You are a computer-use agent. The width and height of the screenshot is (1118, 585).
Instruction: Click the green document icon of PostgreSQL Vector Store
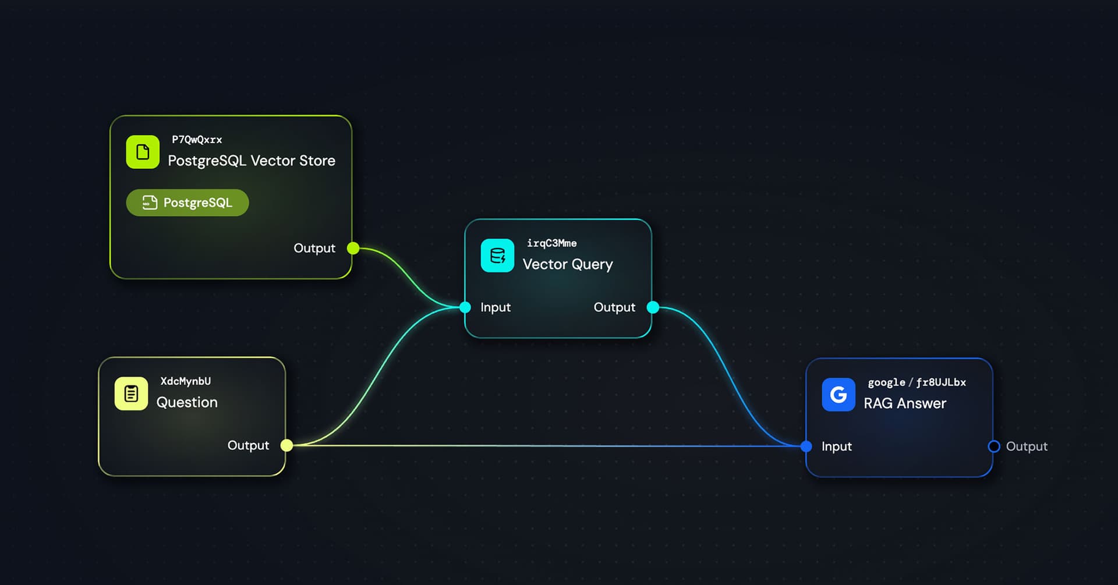143,153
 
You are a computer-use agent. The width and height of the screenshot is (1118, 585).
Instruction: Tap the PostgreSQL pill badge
187,203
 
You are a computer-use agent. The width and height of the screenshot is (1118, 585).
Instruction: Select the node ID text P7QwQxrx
197,140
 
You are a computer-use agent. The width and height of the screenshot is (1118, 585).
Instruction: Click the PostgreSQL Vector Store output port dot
353,249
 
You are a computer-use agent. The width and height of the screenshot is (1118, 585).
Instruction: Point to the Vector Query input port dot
465,307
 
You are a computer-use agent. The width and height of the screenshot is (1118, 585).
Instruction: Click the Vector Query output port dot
653,307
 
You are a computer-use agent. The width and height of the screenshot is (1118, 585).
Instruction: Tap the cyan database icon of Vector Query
497,256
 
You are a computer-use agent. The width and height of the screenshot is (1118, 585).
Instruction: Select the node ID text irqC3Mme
551,243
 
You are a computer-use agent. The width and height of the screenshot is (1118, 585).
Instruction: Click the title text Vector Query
568,264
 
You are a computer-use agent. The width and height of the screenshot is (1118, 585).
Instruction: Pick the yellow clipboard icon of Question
131,394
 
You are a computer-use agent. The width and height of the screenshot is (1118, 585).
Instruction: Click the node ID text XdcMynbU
186,381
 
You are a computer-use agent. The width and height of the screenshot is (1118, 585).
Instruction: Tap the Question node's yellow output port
286,445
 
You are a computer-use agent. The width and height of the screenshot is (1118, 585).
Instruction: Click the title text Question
187,402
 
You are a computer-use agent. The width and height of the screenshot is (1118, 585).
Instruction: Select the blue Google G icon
838,395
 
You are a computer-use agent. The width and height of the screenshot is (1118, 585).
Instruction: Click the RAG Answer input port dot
806,446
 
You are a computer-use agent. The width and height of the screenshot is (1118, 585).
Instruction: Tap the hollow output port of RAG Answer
994,446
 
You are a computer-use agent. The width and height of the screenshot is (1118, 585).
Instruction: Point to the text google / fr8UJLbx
917,382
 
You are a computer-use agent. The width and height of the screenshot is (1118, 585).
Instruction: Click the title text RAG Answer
905,403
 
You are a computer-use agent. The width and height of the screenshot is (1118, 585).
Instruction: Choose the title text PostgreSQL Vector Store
252,161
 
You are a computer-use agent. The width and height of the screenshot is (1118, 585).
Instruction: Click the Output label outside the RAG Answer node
1027,446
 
